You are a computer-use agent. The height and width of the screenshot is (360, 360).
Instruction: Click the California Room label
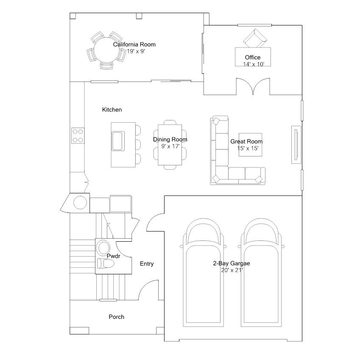(134, 45)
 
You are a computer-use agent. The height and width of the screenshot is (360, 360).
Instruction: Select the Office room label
(253, 57)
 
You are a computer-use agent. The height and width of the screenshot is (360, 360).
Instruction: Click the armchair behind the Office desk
(255, 38)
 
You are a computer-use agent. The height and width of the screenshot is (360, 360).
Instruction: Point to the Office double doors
(253, 86)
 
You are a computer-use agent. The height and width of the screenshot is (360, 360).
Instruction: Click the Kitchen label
(112, 109)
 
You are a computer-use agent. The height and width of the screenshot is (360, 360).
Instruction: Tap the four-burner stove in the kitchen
(78, 136)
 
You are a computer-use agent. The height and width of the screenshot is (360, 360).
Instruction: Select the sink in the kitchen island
(118, 141)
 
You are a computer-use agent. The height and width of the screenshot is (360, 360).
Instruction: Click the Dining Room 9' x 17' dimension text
(170, 146)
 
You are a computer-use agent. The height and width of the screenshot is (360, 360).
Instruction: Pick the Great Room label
(246, 142)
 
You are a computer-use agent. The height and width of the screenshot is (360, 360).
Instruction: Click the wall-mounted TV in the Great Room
(296, 145)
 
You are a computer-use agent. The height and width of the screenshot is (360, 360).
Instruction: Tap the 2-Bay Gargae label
(232, 263)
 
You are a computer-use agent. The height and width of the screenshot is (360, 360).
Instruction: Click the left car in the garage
(203, 273)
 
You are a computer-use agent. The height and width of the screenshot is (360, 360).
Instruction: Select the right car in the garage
(261, 273)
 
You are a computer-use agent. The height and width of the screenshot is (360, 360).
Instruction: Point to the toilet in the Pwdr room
(106, 263)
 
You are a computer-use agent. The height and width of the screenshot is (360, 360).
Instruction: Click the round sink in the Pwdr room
(103, 248)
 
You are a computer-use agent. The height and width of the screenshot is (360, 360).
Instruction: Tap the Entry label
(147, 264)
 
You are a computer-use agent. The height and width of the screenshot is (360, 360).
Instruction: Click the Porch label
(117, 317)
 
